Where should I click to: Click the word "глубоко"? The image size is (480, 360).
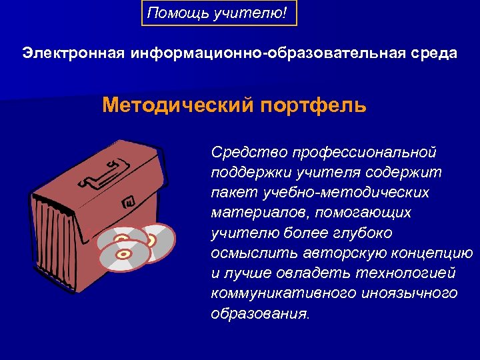pyautogui.click(x=365, y=233)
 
